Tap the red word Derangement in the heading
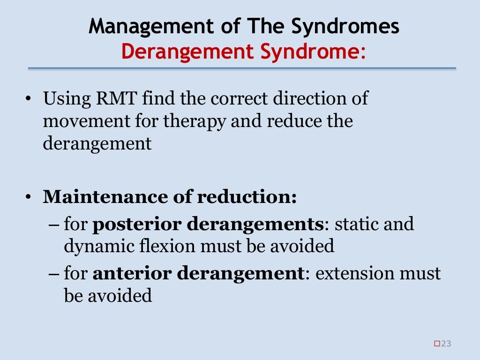183,52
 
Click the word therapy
196,121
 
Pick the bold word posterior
137,224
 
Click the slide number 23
446,344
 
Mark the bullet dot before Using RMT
29,100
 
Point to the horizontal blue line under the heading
241,68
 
